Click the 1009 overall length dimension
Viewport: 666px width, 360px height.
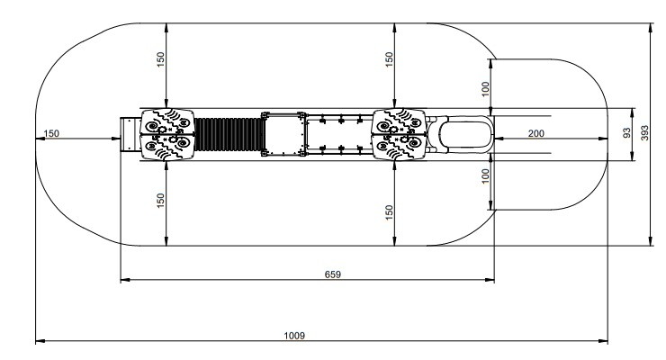coord(294,335)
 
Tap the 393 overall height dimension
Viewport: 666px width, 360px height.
coord(643,132)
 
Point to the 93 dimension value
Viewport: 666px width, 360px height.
coord(625,132)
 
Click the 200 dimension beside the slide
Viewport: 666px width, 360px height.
coord(536,132)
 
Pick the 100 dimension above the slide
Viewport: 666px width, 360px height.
coord(486,88)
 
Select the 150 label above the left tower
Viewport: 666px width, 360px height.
coord(161,59)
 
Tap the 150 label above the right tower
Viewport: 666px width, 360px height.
coord(390,59)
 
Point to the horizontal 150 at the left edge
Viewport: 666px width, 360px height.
coord(51,133)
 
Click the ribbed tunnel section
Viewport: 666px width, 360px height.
coord(228,136)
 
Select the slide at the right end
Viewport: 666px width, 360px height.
coord(464,135)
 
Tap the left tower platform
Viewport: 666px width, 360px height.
coord(167,136)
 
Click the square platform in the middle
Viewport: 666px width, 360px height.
coord(285,136)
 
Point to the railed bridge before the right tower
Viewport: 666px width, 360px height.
coord(340,136)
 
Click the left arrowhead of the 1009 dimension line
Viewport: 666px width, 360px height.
coord(39,341)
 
